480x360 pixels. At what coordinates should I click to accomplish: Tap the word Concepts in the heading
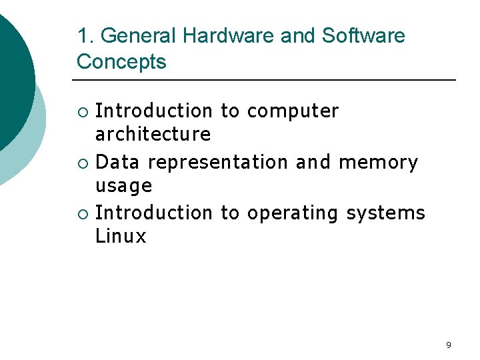click(x=121, y=62)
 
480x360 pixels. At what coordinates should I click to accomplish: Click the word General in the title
click(x=135, y=36)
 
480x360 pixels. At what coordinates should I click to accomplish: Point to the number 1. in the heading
click(x=83, y=36)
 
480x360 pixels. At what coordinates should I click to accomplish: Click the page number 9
click(x=448, y=345)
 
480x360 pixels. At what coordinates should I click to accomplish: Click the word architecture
click(x=153, y=135)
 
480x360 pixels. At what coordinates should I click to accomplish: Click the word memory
click(x=378, y=162)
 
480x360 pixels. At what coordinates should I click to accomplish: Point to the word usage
click(x=124, y=186)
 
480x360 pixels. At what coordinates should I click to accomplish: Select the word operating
click(x=293, y=213)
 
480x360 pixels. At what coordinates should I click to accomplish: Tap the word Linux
click(x=121, y=237)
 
